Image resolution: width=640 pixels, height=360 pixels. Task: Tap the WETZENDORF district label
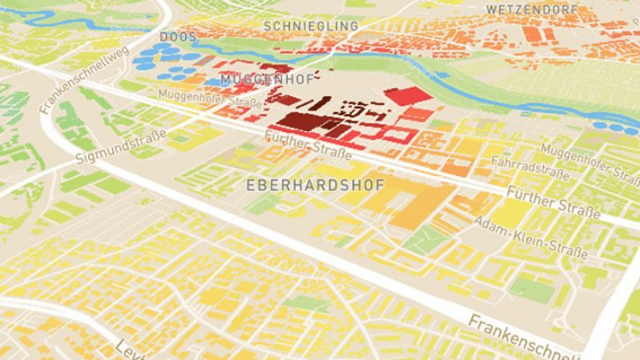(x=531, y=10)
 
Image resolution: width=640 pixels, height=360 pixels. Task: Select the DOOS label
(x=178, y=38)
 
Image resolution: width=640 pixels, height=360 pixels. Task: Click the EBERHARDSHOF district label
(x=316, y=185)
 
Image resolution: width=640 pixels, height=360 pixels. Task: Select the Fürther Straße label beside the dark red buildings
(x=308, y=149)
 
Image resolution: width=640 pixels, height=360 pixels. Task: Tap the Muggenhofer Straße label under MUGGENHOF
(x=210, y=98)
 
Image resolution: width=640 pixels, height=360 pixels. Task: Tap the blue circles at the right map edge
(x=620, y=126)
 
